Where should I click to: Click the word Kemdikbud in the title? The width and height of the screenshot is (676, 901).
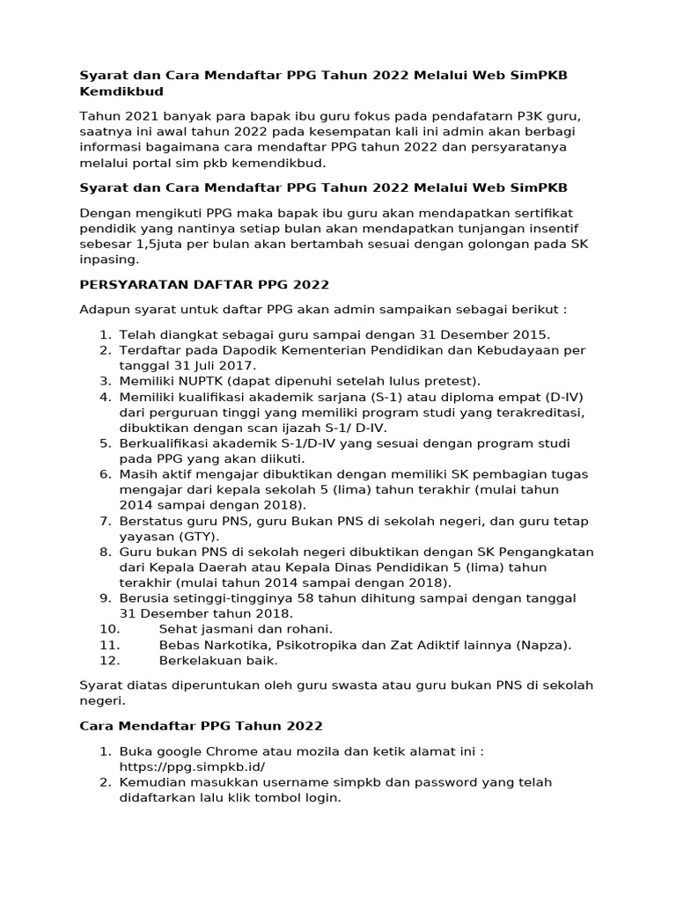coord(121,91)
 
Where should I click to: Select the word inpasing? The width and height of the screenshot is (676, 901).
coord(109,260)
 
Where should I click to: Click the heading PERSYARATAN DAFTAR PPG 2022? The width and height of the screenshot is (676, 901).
coord(204,284)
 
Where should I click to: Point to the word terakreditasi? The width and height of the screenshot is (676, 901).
coord(542,413)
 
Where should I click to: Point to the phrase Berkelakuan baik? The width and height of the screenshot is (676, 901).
coord(217,660)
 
